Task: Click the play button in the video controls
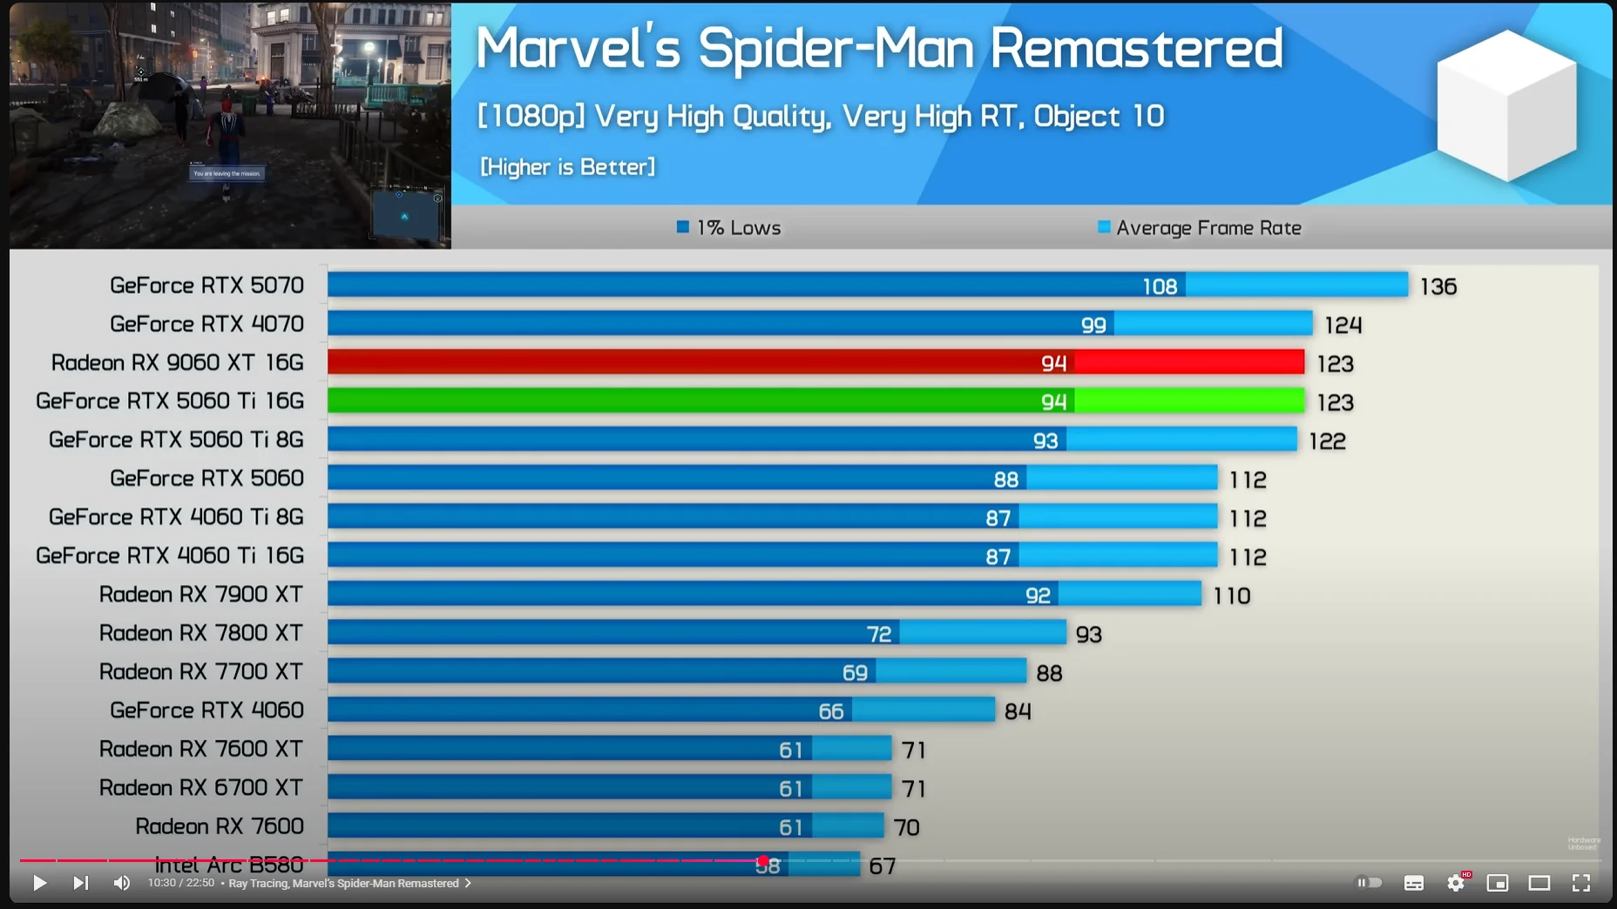pyautogui.click(x=39, y=883)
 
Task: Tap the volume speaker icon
pyautogui.click(x=121, y=883)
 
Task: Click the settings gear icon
pyautogui.click(x=1456, y=883)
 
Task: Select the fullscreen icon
pyautogui.click(x=1581, y=883)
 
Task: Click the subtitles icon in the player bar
pyautogui.click(x=1414, y=883)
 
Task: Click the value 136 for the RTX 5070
pyautogui.click(x=1438, y=286)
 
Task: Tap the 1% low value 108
pyautogui.click(x=1160, y=286)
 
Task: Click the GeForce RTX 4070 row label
pyautogui.click(x=206, y=324)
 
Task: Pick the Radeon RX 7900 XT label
pyautogui.click(x=200, y=595)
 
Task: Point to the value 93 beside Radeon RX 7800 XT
pyautogui.click(x=1089, y=634)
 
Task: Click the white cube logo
pyautogui.click(x=1507, y=104)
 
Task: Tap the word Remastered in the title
pyautogui.click(x=1136, y=48)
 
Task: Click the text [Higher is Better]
pyautogui.click(x=568, y=167)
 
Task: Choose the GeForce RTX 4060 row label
pyautogui.click(x=206, y=710)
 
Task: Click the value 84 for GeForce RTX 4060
pyautogui.click(x=1018, y=711)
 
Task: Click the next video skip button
pyautogui.click(x=80, y=883)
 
